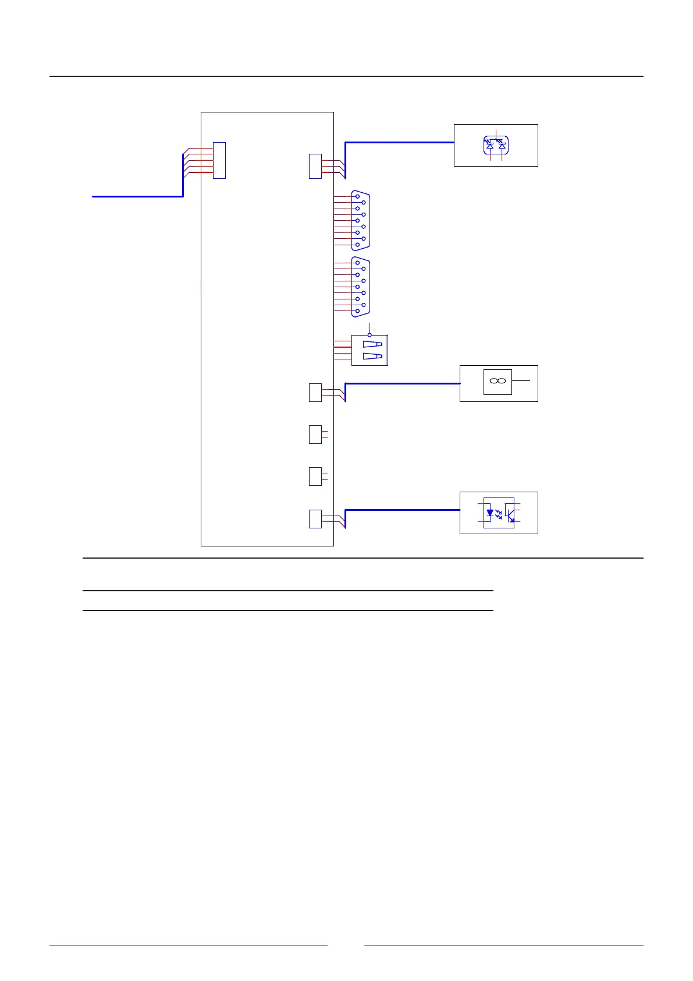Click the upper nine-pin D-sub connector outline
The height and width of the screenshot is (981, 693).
point(361,221)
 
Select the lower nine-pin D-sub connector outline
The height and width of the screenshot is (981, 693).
point(361,287)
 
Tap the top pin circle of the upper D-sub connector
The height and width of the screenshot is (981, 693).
point(357,197)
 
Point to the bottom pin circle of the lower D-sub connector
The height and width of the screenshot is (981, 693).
point(357,311)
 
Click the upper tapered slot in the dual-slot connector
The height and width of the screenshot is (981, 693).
point(372,344)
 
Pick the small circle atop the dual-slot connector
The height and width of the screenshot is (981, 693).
point(369,335)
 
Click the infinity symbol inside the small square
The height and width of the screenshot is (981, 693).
point(497,381)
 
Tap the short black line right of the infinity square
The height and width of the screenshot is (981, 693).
point(521,381)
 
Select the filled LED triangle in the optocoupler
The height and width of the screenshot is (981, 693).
point(490,513)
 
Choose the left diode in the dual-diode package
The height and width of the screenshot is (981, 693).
point(489,144)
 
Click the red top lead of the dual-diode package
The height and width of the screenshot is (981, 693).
point(496,132)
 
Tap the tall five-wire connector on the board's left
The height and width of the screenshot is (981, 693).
point(219,160)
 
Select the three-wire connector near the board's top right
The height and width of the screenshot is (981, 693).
point(315,166)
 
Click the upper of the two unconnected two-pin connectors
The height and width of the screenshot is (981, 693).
point(315,435)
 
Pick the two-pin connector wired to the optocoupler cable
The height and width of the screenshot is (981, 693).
point(315,518)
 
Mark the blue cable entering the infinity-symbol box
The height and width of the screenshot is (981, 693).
point(401,383)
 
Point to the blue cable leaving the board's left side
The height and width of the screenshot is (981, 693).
point(137,197)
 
